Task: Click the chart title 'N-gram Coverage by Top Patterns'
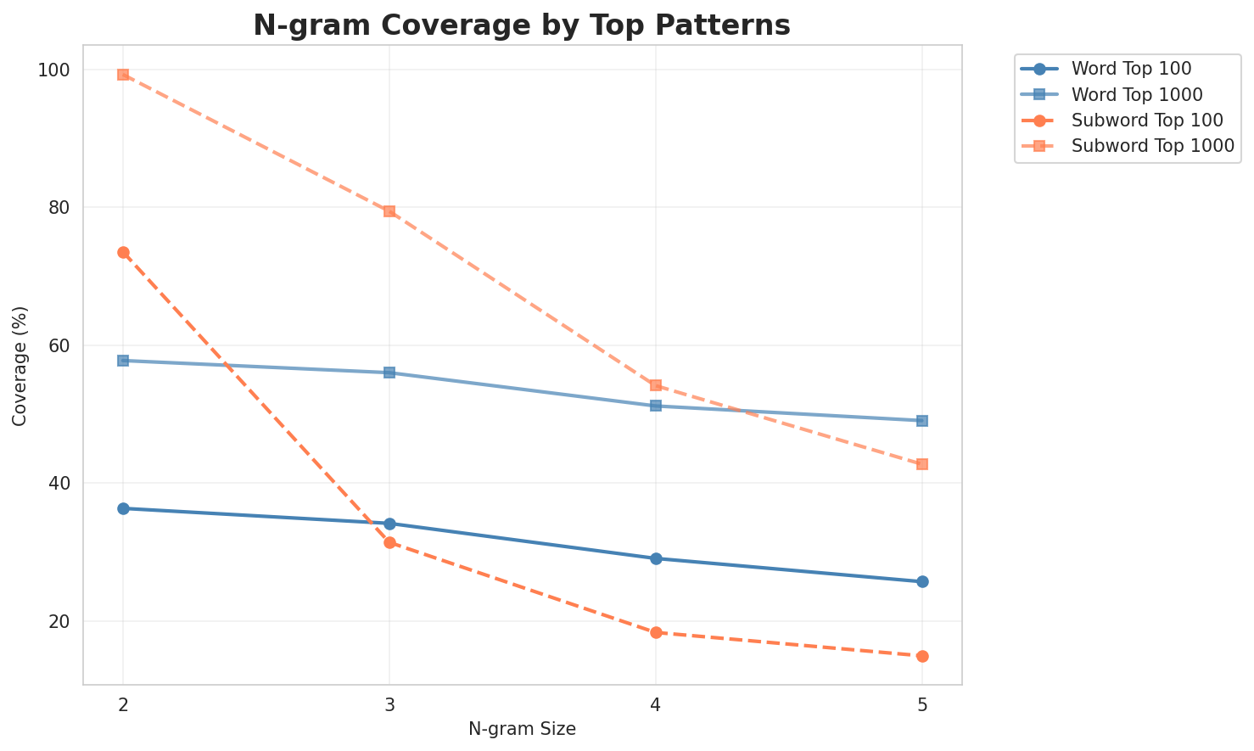click(x=522, y=25)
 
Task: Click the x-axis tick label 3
click(x=389, y=705)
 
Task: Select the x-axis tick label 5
click(x=922, y=705)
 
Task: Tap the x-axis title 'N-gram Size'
click(x=522, y=729)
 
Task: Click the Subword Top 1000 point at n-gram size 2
click(x=123, y=75)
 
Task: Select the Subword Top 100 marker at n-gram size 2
click(x=123, y=252)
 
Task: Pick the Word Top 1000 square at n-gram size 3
click(x=389, y=373)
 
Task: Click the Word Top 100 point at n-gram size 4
click(x=656, y=558)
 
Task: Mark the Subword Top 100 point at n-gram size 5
click(x=922, y=656)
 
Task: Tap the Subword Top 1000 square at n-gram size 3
click(x=389, y=211)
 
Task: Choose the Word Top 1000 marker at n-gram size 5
click(x=922, y=421)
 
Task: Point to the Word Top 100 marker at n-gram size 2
click(x=123, y=508)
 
